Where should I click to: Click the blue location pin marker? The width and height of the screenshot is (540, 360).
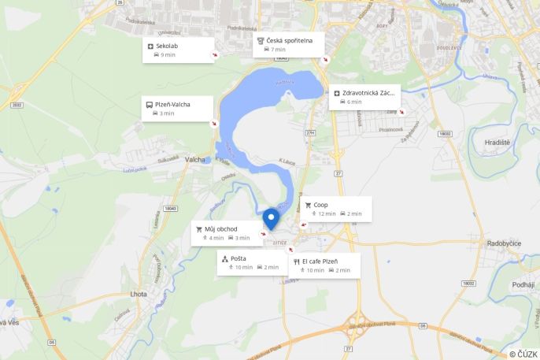[272, 218]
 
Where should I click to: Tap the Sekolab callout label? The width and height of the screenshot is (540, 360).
[179, 50]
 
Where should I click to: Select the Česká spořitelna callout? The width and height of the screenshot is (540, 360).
[290, 44]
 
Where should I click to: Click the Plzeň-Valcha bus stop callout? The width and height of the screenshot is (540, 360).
[178, 108]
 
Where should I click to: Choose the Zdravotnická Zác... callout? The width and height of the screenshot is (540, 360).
[365, 97]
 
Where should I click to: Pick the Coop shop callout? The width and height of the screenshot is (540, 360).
[336, 209]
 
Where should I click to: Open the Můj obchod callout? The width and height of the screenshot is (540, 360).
[227, 233]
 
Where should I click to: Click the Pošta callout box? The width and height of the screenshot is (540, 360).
[250, 263]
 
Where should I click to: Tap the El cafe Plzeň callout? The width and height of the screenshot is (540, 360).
[324, 265]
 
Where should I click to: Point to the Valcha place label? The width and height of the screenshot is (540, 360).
[195, 160]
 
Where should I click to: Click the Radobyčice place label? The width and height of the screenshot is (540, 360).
[504, 243]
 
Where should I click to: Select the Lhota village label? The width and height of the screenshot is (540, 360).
[138, 294]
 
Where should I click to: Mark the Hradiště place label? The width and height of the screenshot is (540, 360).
[497, 142]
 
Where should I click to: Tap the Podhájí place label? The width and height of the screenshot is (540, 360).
[523, 284]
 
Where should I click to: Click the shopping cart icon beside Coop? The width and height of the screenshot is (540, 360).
[308, 205]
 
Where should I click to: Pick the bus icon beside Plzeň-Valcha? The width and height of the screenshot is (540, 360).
[149, 104]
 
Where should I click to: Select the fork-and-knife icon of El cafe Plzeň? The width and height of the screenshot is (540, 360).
[296, 261]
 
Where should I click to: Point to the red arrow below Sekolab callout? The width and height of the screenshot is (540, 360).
[214, 57]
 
